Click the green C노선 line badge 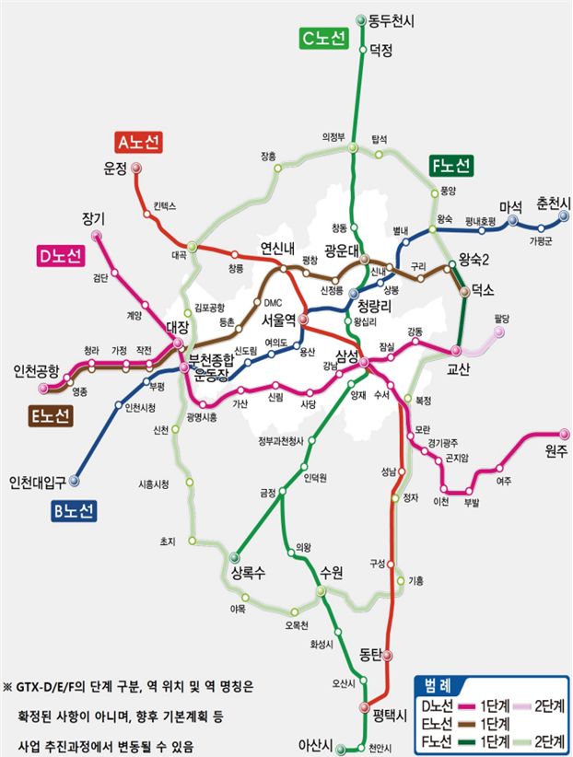click(x=322, y=39)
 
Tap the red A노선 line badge click(x=139, y=142)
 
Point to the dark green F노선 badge click(x=451, y=167)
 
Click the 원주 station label click(x=555, y=451)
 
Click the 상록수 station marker click(x=234, y=555)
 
